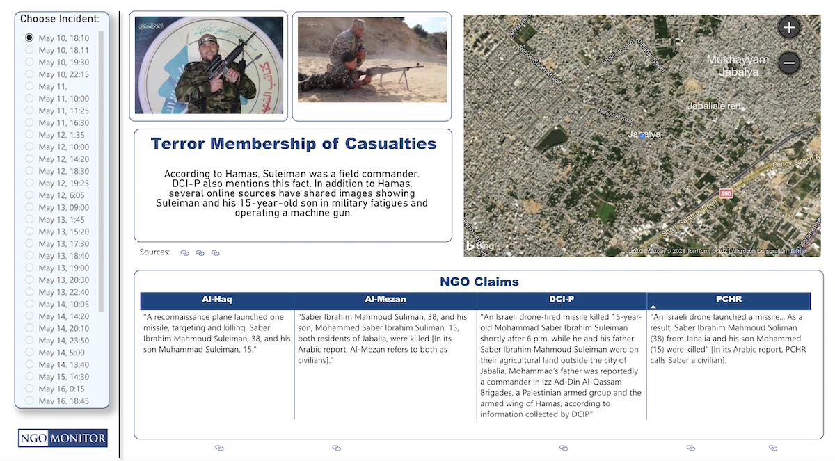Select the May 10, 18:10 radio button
tap(29, 38)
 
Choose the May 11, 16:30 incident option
tap(29, 122)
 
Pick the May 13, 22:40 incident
tap(29, 291)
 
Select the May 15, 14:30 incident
tap(29, 376)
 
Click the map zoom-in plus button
tap(789, 28)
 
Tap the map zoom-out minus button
tap(789, 63)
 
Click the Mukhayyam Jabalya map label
tap(738, 65)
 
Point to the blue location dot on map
tap(642, 136)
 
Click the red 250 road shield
tap(726, 193)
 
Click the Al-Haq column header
tap(216, 300)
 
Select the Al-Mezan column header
tap(385, 300)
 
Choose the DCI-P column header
tap(561, 300)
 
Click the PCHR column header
tap(729, 300)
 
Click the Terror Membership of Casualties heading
tap(293, 144)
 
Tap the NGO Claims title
tap(479, 282)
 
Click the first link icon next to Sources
tap(185, 253)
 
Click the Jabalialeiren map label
tap(714, 106)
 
